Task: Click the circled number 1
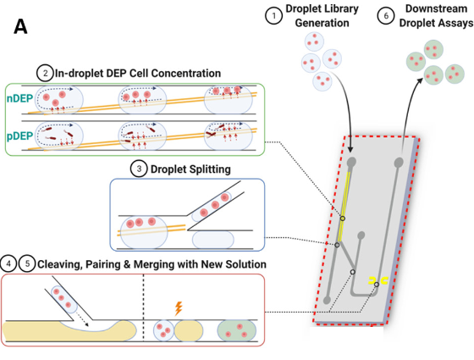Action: pyautogui.click(x=274, y=16)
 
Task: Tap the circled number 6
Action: pyautogui.click(x=386, y=16)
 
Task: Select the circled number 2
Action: pyautogui.click(x=45, y=73)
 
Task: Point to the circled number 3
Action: pyautogui.click(x=139, y=169)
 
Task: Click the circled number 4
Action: pyautogui.click(x=8, y=263)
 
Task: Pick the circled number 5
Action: pyautogui.click(x=27, y=263)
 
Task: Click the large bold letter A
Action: pyautogui.click(x=20, y=26)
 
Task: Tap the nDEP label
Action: pyautogui.click(x=19, y=98)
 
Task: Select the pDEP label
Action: pyautogui.click(x=19, y=136)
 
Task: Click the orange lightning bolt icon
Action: pyautogui.click(x=179, y=308)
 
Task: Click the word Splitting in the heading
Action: pyautogui.click(x=210, y=169)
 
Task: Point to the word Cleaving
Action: pyautogui.click(x=59, y=264)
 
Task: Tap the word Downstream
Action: pyautogui.click(x=436, y=9)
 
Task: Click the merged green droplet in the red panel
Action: pyautogui.click(x=237, y=330)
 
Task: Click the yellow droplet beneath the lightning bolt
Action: pyautogui.click(x=188, y=330)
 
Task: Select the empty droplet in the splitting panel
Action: pyautogui.click(x=213, y=240)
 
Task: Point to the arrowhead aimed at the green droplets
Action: pyautogui.click(x=420, y=80)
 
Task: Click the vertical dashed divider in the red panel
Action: pyautogui.click(x=143, y=307)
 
